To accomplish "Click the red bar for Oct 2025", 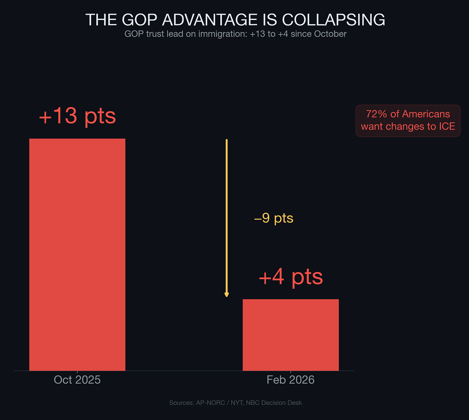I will (77, 254).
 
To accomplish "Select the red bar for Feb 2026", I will (291, 335).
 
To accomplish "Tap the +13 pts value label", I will (77, 116).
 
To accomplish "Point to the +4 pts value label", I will (291, 277).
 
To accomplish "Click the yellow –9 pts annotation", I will (274, 218).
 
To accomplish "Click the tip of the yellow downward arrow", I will (227, 296).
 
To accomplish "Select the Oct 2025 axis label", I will (77, 380).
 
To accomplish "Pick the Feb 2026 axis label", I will (291, 380).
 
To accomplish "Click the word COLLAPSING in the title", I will (333, 20).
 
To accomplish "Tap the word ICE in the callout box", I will (447, 126).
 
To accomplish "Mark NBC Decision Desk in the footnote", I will (274, 403).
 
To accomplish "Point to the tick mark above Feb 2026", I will (291, 372).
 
